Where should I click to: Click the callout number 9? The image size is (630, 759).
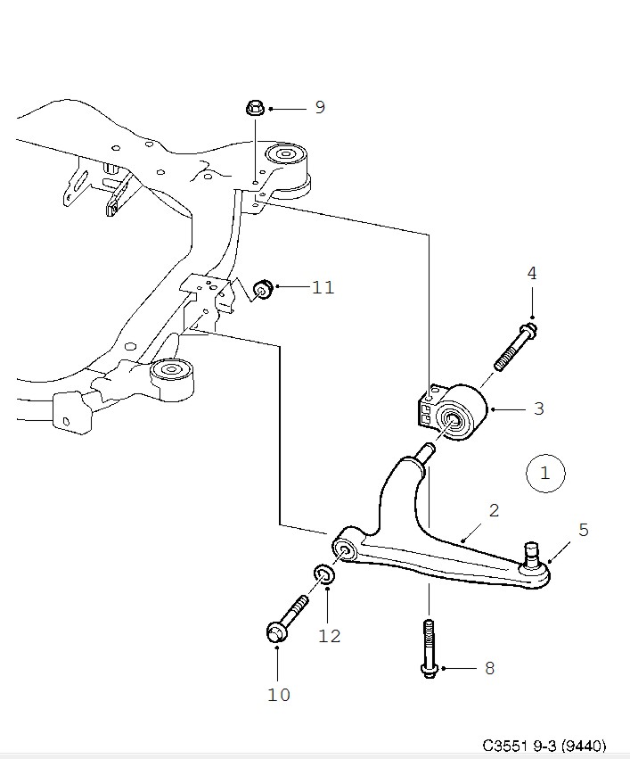coord(320,107)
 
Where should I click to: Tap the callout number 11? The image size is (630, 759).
coord(323,287)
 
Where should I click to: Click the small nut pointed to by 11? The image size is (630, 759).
coord(264,289)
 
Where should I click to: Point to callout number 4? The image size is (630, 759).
coord(532,274)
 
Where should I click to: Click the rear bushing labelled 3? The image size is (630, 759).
coord(452,412)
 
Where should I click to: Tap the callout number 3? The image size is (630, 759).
coord(538,408)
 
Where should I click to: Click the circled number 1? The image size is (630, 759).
coord(545,473)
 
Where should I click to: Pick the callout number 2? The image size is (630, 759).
coord(494,510)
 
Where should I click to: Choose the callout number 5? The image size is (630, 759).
coord(584,530)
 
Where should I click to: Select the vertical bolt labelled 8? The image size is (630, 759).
coord(429,648)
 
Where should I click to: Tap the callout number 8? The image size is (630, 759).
coord(489,669)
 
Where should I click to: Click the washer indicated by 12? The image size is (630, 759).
coord(324,574)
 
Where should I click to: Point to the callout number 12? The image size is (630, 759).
coord(330,636)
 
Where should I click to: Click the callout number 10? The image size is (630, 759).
coord(279,695)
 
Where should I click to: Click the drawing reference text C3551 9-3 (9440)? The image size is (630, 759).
coord(544,746)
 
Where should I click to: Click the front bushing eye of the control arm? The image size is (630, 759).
coord(345,551)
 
